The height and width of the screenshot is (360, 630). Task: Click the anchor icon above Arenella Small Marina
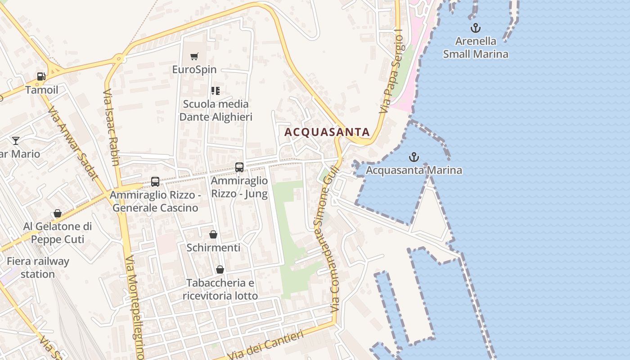[475, 28]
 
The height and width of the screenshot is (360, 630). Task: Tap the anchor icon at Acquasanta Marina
[414, 157]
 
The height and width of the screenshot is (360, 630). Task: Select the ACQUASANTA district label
[327, 132]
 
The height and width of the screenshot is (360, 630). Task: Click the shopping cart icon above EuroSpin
[194, 56]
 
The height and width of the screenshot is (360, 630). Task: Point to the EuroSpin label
[194, 70]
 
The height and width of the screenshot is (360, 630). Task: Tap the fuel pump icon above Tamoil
[41, 76]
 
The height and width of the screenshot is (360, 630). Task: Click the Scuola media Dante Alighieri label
[216, 111]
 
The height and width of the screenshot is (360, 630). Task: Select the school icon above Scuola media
[216, 91]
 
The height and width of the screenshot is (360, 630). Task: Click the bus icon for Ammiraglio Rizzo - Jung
[239, 167]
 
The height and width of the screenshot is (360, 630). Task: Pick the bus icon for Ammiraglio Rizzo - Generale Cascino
[155, 182]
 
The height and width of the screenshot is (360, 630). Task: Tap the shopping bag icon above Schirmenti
[213, 234]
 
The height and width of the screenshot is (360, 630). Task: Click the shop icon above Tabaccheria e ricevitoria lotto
[220, 270]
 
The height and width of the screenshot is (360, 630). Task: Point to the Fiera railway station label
[38, 267]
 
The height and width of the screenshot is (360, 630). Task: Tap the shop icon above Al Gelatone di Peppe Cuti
[58, 213]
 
